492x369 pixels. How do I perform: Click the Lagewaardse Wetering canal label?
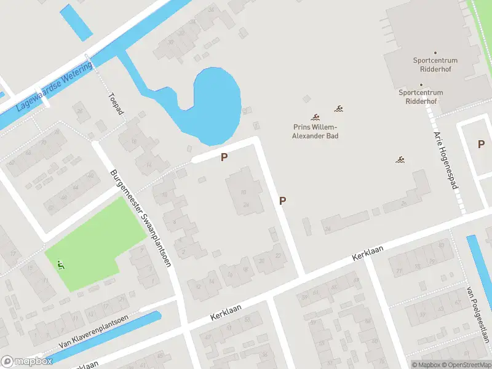pos(54,86)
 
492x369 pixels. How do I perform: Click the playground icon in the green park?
pos(60,266)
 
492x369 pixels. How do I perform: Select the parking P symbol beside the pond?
pos(224,157)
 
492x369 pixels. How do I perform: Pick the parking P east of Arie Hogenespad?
pos(481,144)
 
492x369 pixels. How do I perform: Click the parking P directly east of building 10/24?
pos(283,200)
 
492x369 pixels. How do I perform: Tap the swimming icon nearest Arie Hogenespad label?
pos(400,160)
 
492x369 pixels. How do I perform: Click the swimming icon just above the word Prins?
pos(315,117)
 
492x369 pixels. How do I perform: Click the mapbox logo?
pos(26,362)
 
